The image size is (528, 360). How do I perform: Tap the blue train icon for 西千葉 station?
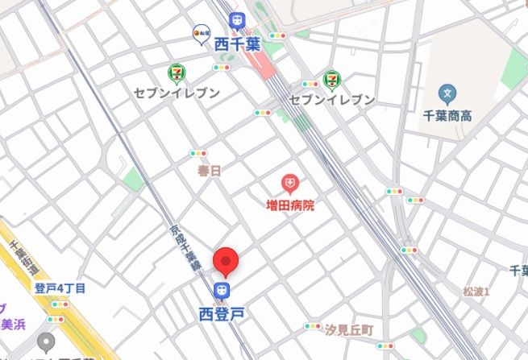[x=236, y=19]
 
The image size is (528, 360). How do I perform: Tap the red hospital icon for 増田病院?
[x=289, y=184]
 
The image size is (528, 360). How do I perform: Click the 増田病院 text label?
[x=290, y=206]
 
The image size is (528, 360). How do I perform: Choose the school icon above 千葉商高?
[x=447, y=94]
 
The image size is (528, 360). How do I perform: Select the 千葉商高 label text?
[x=447, y=117]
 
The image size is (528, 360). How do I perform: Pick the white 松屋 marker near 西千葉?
[x=201, y=33]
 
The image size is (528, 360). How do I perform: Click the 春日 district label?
[x=209, y=172]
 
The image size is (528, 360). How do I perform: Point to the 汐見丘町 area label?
[x=349, y=330]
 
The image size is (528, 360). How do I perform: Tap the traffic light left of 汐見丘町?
[x=312, y=326]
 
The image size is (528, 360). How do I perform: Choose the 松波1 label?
[x=476, y=291]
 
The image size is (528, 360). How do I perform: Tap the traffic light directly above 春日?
[x=198, y=153]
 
